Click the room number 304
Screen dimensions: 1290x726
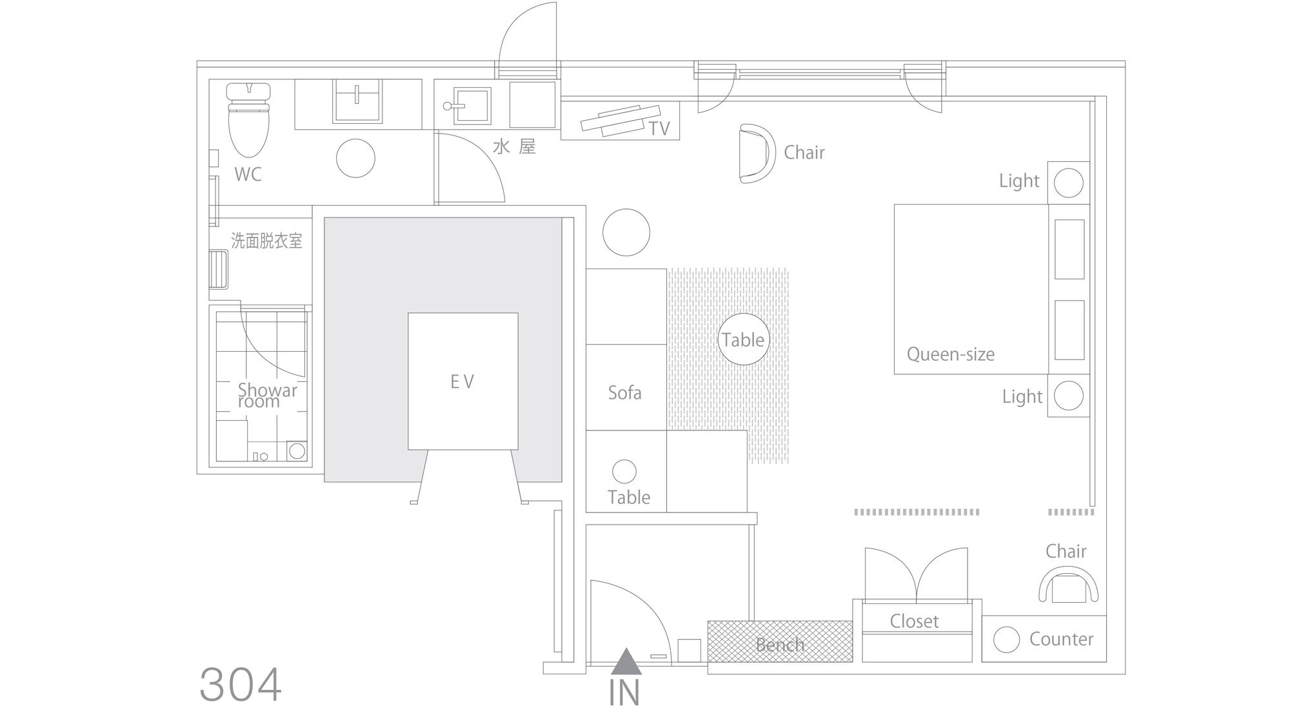click(241, 685)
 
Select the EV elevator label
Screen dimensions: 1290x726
click(462, 382)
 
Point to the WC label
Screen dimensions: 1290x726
click(248, 174)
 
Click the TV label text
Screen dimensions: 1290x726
click(659, 129)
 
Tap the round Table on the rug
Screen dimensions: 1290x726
click(744, 339)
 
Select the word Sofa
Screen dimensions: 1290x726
click(625, 392)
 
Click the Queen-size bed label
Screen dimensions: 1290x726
click(951, 354)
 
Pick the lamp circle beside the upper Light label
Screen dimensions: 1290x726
click(1069, 183)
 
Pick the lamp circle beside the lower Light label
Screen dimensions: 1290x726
click(1069, 396)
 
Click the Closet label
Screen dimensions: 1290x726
click(915, 621)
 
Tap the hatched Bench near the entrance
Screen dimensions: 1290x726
click(780, 641)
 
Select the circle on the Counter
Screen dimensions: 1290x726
click(1007, 640)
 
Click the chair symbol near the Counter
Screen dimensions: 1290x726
click(1069, 585)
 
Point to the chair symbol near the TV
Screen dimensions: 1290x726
click(757, 154)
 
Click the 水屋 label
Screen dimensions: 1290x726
click(514, 147)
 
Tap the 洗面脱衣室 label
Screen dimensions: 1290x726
click(266, 241)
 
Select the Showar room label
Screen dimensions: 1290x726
click(268, 396)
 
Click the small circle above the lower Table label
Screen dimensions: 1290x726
click(624, 472)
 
